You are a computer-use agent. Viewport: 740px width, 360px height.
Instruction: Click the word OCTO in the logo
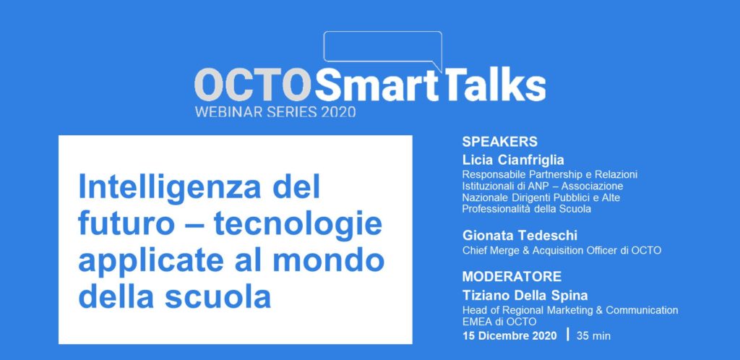254,85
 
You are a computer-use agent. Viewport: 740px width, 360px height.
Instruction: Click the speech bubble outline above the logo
383,32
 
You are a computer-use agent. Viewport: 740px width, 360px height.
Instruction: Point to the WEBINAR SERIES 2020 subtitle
275,112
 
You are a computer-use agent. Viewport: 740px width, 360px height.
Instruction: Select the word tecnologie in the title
298,225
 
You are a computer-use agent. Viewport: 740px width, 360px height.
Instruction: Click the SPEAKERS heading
500,142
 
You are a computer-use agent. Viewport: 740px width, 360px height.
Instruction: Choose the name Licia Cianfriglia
513,160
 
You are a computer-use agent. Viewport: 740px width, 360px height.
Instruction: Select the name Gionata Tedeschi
520,235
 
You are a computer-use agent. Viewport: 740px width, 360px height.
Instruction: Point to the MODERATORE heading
512,276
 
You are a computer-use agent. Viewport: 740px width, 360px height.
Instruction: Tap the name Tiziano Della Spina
525,296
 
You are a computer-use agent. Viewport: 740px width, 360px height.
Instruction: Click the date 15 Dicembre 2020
509,336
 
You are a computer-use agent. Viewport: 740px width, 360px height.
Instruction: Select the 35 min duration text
593,336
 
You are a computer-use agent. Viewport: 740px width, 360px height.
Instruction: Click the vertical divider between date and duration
567,335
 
